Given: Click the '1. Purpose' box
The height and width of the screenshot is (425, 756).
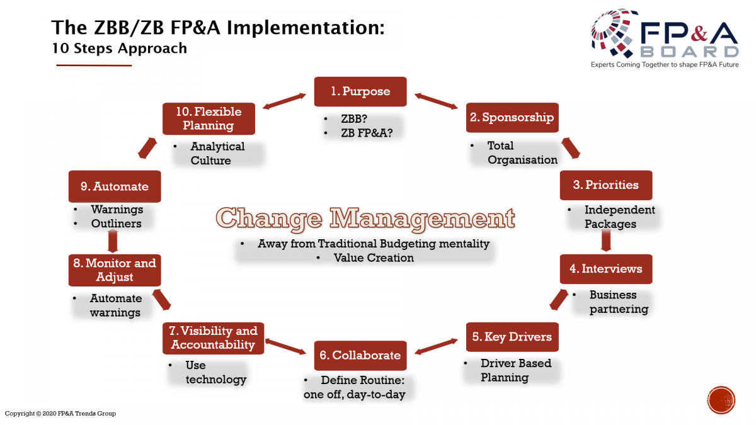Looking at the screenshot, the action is point(360,92).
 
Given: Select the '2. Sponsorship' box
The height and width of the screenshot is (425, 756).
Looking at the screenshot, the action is point(512,118).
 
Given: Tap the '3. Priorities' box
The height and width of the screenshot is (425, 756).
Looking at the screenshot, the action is point(606,185).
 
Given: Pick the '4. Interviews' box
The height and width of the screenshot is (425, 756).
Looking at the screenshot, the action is point(606,269).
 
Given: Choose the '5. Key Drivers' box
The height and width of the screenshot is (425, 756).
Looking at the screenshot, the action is point(512,337).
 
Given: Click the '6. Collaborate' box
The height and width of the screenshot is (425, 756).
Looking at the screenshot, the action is point(360,356).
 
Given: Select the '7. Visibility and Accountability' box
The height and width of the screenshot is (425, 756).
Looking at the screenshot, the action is point(214,338).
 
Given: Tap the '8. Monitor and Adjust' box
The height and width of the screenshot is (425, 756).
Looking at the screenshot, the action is point(115,270).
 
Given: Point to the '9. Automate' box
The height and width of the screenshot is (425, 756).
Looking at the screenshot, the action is point(115,186).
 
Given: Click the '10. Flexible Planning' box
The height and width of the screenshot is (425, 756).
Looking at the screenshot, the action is point(209,119).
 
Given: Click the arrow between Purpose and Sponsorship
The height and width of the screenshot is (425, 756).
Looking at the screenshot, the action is point(436,101).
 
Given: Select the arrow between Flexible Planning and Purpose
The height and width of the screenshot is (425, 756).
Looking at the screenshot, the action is point(284,101).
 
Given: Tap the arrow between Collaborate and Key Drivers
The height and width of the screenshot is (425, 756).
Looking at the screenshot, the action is point(436,347).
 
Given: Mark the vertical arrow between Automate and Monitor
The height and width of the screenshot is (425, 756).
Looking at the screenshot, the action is point(113,241).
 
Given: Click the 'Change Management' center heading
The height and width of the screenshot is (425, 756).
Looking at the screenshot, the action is point(365,219).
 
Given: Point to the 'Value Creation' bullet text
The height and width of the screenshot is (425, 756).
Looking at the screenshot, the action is point(374,258).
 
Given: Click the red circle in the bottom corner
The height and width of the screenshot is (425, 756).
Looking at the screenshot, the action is point(721,400).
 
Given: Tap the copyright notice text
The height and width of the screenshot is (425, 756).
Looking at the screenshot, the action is point(60,413).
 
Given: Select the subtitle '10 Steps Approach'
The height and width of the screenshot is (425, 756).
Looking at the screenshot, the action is point(119,48).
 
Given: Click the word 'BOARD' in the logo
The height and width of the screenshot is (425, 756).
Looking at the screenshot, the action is point(689,52).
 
